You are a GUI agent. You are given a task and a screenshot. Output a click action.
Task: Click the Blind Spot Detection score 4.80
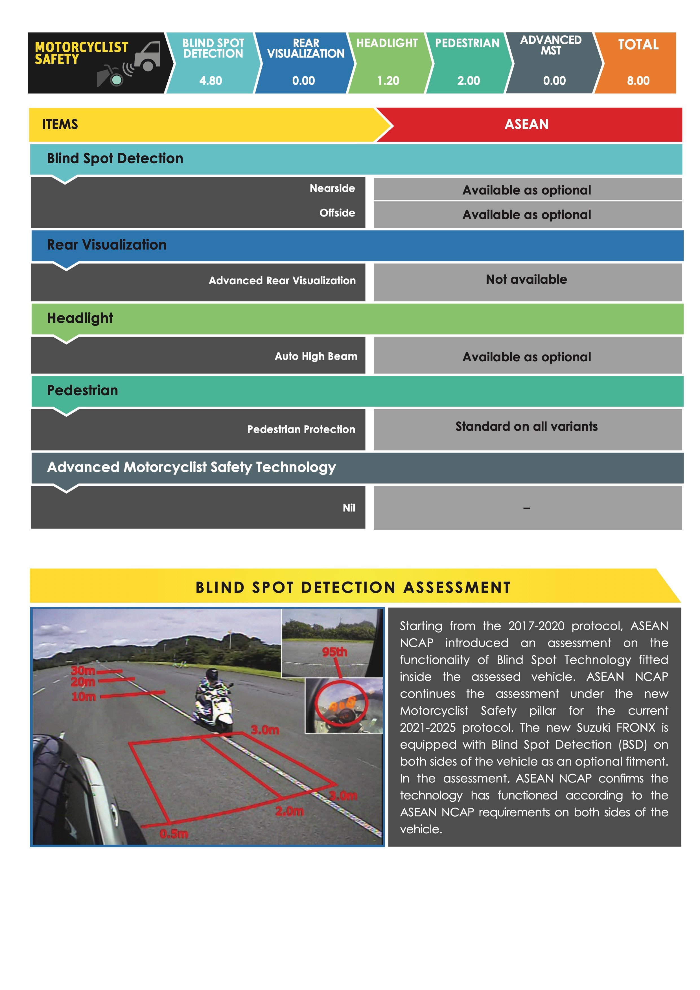pyautogui.click(x=211, y=81)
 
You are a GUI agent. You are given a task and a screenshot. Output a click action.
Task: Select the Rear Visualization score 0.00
pyautogui.click(x=303, y=81)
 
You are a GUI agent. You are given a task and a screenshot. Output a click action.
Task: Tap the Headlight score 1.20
pyautogui.click(x=388, y=81)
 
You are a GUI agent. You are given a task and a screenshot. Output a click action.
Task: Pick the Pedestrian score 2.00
pyautogui.click(x=469, y=81)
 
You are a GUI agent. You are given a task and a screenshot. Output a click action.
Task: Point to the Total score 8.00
pyautogui.click(x=638, y=81)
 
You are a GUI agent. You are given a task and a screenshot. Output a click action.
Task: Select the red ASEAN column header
pyautogui.click(x=526, y=124)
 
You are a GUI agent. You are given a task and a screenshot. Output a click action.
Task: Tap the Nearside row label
pyautogui.click(x=332, y=188)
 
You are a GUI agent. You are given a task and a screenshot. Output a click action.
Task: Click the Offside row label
pyautogui.click(x=337, y=213)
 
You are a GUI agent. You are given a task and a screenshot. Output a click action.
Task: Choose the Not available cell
pyautogui.click(x=526, y=280)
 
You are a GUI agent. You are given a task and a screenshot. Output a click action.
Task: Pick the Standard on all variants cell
pyautogui.click(x=526, y=427)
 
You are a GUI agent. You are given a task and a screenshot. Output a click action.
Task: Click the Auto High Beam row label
pyautogui.click(x=316, y=357)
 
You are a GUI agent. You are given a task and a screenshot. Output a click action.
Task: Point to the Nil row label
pyautogui.click(x=349, y=508)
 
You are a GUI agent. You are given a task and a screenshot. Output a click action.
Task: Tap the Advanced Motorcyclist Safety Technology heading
pyautogui.click(x=191, y=467)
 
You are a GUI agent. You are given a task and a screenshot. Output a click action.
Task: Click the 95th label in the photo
pyautogui.click(x=334, y=652)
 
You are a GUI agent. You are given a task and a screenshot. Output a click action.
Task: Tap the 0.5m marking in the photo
pyautogui.click(x=174, y=834)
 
